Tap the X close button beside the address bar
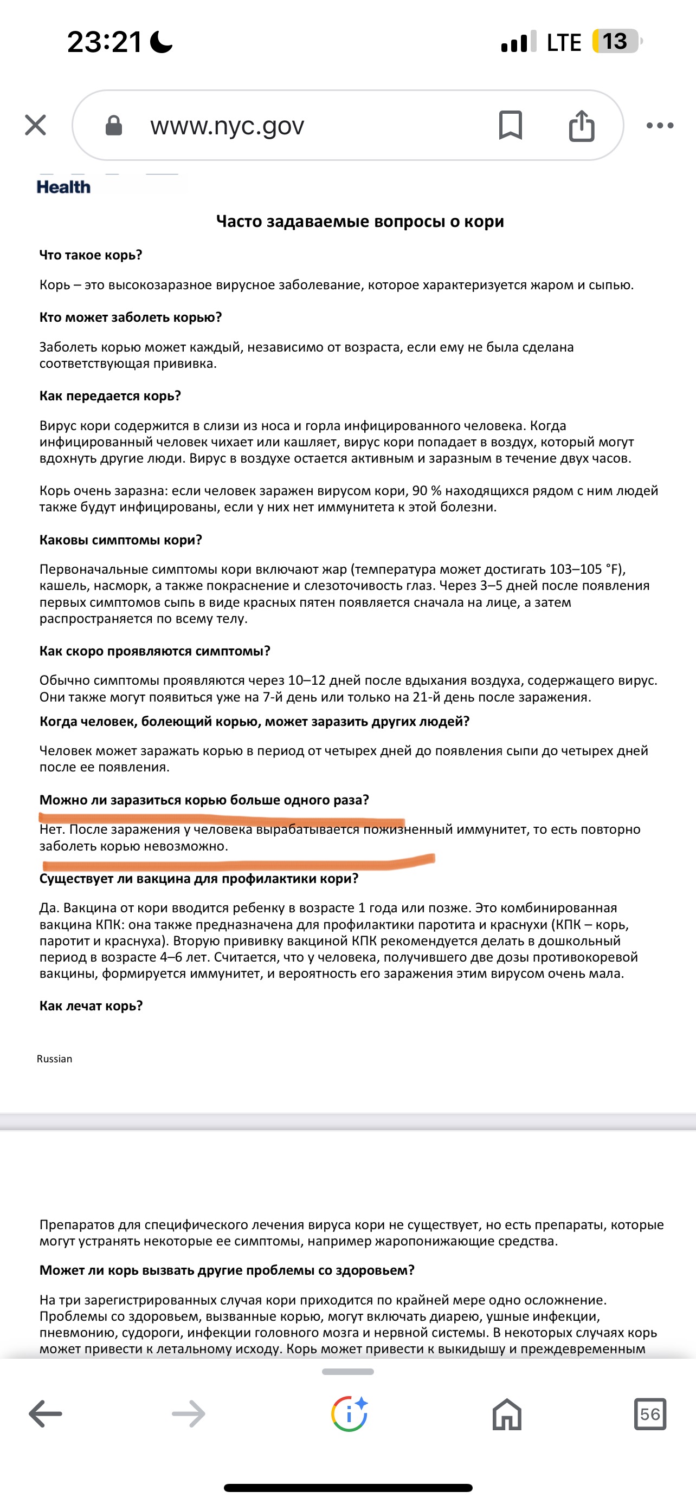point(36,125)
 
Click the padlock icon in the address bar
point(113,125)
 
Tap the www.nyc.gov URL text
point(227,126)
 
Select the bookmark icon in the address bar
point(510,125)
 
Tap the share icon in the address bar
point(582,125)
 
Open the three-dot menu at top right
point(660,125)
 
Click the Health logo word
point(64,187)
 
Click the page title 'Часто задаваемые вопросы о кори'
point(360,222)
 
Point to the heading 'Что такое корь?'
point(91,255)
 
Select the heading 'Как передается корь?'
point(110,395)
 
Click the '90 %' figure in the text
point(427,491)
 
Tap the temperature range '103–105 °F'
point(586,569)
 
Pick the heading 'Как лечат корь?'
point(91,1006)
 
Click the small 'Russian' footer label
point(54,1059)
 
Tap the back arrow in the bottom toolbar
point(45,1414)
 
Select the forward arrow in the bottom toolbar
point(188,1414)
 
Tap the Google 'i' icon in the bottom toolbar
point(349,1414)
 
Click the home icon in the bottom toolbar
point(507,1414)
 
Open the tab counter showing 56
point(650,1414)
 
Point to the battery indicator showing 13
point(616,42)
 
